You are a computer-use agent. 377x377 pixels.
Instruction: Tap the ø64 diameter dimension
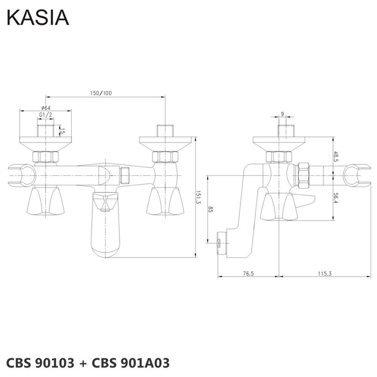click(x=46, y=108)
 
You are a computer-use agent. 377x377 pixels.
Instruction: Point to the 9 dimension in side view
click(x=282, y=114)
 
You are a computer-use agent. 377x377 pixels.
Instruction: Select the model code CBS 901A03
click(x=130, y=363)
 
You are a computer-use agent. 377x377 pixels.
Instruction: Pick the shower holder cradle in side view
click(x=356, y=174)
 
